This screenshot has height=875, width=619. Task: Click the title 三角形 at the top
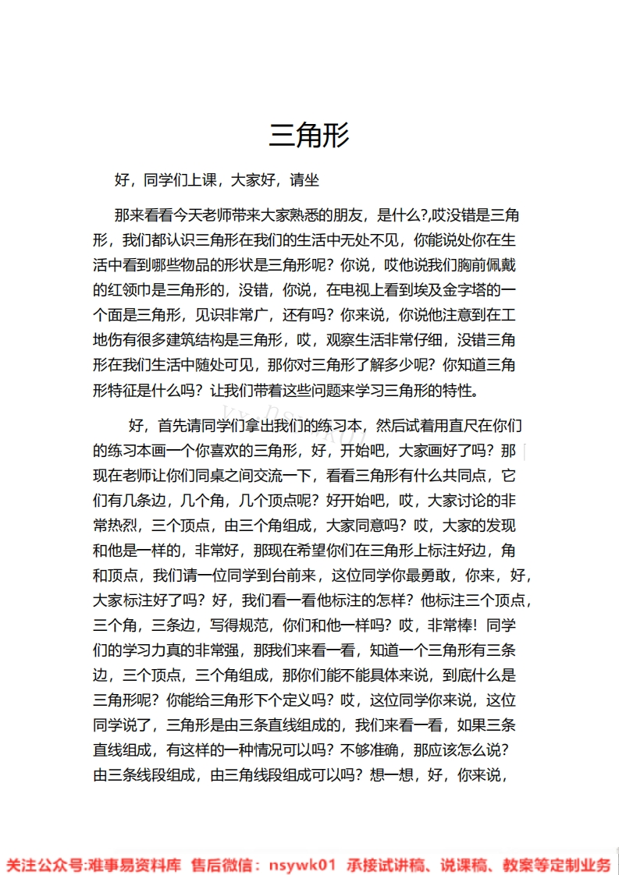pyautogui.click(x=309, y=135)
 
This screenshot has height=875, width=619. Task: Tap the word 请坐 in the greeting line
pyautogui.click(x=304, y=181)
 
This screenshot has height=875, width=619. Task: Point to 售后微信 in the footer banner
pyautogui.click(x=220, y=865)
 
